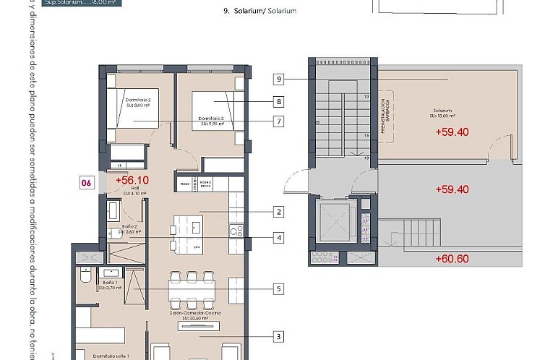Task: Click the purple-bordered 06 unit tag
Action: (87, 183)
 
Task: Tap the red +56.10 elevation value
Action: (131, 181)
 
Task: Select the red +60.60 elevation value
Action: (452, 258)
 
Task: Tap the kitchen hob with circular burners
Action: (235, 231)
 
